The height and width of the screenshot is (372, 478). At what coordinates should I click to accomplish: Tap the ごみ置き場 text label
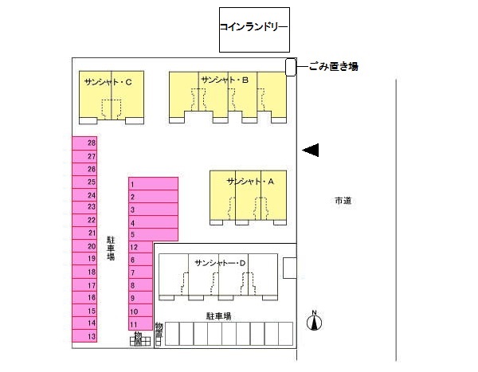point(333,67)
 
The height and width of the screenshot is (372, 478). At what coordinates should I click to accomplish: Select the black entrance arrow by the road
point(311,150)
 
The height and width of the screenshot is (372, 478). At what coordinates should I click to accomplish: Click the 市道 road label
point(343,201)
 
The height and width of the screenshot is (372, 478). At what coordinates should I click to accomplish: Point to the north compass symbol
point(315,320)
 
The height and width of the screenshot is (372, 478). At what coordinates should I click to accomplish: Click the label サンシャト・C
point(112,81)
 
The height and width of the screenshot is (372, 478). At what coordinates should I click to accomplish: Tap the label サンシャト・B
point(226,80)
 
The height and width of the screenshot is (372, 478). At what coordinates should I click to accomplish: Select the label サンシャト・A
point(250,182)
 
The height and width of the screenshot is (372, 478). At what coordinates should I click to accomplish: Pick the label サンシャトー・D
point(221,262)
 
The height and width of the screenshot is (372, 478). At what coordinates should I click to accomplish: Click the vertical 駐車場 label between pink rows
point(111,248)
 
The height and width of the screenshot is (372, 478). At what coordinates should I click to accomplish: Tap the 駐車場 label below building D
point(218,316)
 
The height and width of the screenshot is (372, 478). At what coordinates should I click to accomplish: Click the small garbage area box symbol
point(291,68)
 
